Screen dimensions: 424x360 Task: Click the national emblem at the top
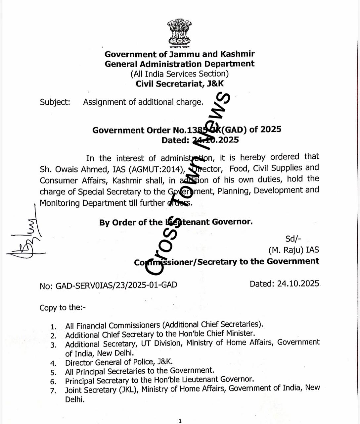179,32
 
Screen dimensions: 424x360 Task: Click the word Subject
55,102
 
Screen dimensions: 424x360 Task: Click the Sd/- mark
293,239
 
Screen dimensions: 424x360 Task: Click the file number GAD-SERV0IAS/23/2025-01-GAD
116,285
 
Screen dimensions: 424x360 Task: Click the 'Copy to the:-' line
63,308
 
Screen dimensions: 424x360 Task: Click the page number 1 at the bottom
180,421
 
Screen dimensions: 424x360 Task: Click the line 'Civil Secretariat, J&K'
180,83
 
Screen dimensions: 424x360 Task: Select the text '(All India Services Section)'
179,74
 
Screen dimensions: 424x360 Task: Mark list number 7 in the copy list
53,391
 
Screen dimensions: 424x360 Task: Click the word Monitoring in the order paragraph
60,203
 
